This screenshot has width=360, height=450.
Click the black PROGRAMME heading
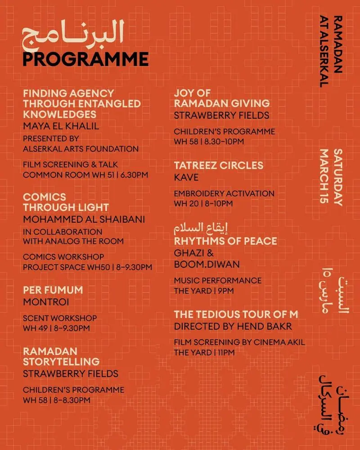tap(85, 59)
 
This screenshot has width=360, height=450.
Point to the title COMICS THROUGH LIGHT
tap(66, 202)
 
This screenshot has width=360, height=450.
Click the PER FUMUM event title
tap(53, 289)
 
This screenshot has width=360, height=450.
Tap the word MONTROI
tap(42, 301)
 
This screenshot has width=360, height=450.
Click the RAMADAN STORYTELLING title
tap(61, 356)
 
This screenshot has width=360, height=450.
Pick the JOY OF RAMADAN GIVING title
tap(222, 98)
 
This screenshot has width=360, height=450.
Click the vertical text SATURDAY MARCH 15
tap(331, 177)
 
